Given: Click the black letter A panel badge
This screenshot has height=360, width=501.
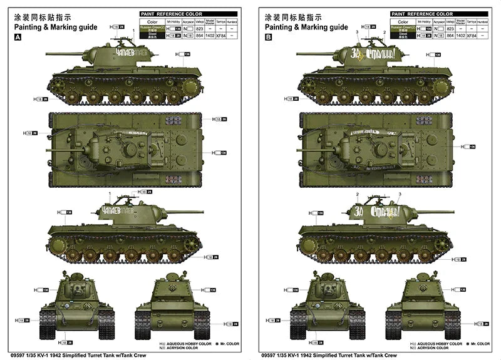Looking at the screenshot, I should [17, 38].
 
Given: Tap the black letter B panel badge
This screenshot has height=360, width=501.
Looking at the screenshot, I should [269, 38].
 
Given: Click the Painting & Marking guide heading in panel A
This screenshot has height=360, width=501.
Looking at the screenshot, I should [54, 27].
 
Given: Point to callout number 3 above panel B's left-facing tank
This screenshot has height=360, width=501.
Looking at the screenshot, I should [357, 32].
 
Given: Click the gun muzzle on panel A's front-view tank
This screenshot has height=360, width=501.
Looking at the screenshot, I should [76, 291].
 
